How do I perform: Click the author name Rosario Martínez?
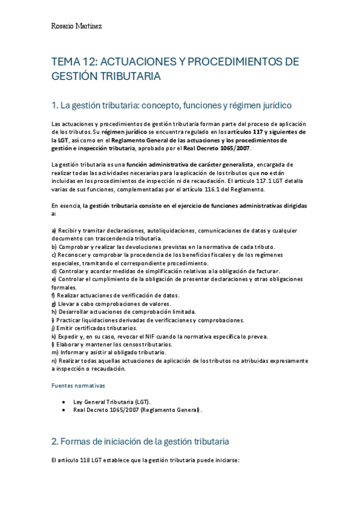coord(77,26)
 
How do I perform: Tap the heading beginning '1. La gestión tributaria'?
coord(163,106)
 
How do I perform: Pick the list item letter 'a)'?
coord(55,231)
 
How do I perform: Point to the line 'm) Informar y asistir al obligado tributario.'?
coord(109,352)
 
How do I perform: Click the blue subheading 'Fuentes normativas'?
coord(78,385)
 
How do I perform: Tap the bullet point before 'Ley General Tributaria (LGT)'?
coord(64,401)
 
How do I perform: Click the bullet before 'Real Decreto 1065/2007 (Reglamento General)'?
coord(64,410)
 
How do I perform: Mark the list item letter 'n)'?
coord(55,361)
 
